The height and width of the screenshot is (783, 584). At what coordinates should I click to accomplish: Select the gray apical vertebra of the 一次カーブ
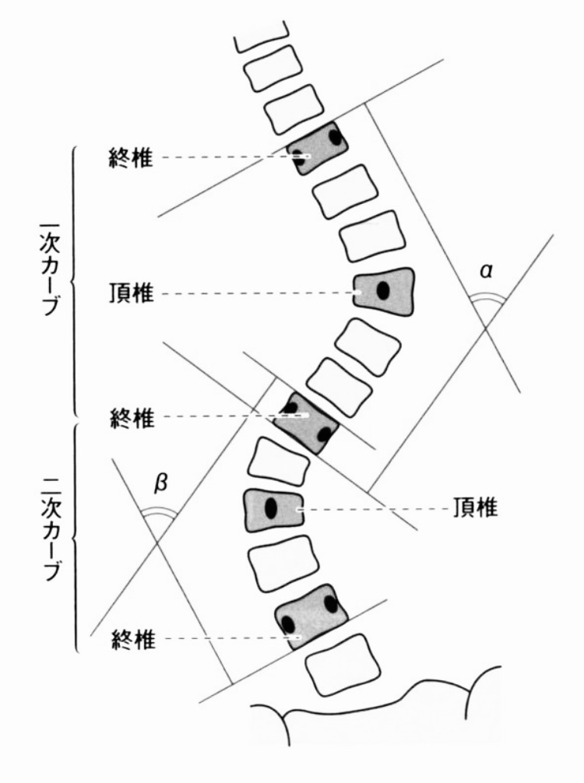[383, 290]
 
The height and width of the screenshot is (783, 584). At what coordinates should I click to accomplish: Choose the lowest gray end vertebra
[310, 615]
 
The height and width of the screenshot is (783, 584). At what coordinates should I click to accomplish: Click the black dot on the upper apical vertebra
[383, 291]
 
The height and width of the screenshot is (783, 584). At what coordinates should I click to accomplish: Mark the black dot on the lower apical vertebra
[270, 508]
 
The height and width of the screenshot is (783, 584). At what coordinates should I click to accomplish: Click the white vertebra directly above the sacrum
[343, 662]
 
